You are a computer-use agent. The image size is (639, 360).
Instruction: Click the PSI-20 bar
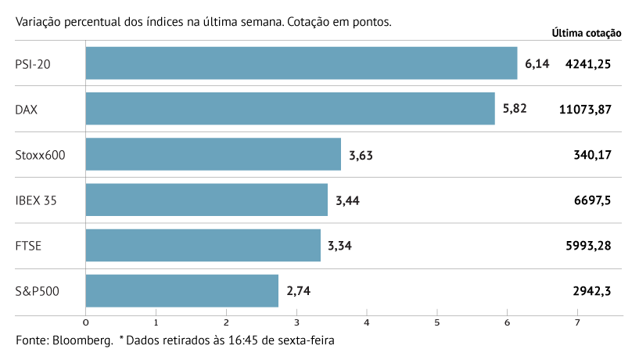301,63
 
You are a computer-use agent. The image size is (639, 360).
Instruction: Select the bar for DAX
289,109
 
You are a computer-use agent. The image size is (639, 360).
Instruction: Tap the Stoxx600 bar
213,154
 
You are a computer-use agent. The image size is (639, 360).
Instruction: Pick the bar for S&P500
181,291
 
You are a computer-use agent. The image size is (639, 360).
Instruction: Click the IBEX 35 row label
36,200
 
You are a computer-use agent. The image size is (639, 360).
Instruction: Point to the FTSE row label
28,246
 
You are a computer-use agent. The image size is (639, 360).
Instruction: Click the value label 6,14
537,63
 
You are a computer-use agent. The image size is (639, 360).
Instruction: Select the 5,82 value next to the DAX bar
515,109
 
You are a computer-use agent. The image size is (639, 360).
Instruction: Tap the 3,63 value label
361,154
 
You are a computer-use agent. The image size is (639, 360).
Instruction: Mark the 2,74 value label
299,291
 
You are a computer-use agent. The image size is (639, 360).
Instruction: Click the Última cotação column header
586,33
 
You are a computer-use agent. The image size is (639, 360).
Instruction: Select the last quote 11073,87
585,110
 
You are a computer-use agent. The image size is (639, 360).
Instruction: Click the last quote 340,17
592,155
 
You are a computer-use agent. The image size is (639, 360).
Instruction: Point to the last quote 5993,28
587,246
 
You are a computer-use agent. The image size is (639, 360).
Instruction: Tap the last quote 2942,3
591,291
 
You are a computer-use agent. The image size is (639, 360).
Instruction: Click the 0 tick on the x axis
85,322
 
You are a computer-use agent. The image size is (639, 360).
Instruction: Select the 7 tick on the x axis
577,322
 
